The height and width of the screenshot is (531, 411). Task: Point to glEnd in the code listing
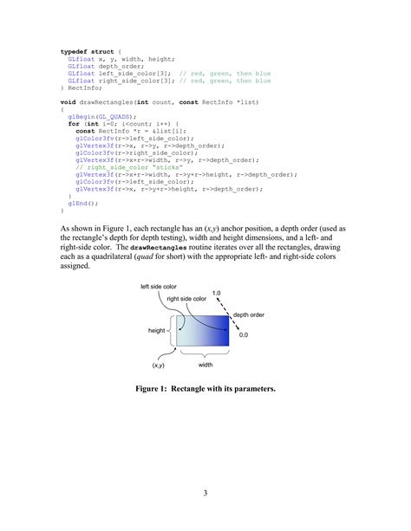(78, 203)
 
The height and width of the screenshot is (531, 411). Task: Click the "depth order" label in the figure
(251, 315)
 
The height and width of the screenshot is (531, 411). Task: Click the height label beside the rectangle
(157, 330)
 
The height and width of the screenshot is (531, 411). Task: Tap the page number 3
(205, 494)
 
